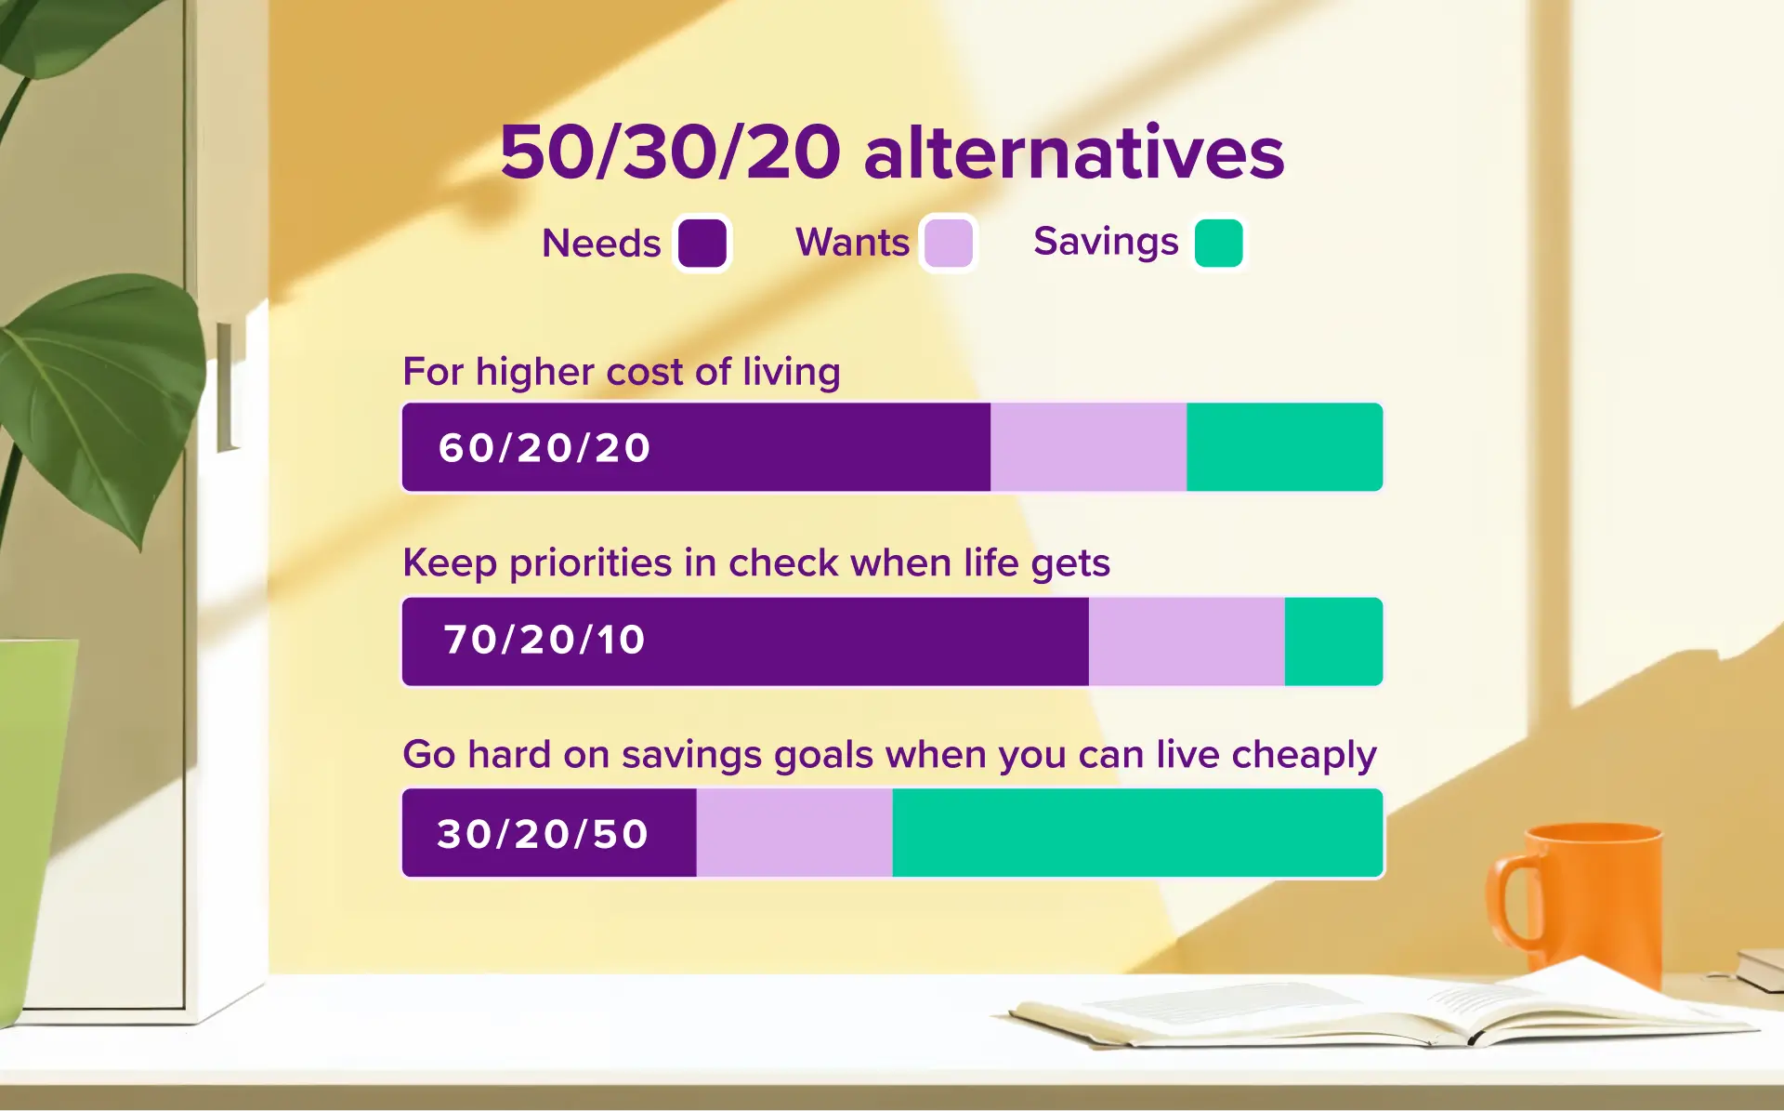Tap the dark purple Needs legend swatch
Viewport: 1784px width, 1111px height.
(x=702, y=244)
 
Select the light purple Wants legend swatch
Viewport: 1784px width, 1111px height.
(x=949, y=244)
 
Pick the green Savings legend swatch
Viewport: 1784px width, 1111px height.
(x=1219, y=244)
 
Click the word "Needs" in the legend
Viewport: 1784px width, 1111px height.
(x=601, y=244)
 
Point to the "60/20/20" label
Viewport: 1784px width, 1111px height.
(x=544, y=448)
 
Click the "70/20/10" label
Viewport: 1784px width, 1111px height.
(x=544, y=641)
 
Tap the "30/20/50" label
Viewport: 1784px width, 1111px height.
(x=543, y=834)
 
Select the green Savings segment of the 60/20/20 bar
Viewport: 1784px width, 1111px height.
(x=1284, y=447)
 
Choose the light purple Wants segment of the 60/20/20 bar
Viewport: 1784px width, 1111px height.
(x=1088, y=447)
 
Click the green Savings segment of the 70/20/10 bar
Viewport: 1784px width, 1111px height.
(x=1333, y=641)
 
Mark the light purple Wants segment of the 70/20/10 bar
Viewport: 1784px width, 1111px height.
(x=1187, y=641)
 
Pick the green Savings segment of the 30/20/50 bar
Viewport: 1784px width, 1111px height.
(x=1137, y=833)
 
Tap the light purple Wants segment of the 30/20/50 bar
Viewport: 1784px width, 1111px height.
(x=794, y=833)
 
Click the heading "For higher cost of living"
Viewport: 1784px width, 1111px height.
(x=622, y=372)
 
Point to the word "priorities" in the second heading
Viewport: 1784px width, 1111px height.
(x=590, y=563)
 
